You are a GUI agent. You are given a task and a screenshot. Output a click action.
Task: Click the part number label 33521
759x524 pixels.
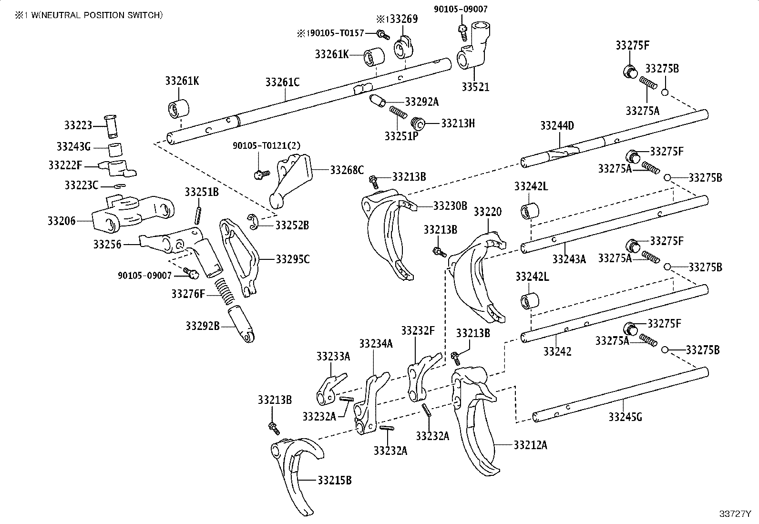(x=475, y=87)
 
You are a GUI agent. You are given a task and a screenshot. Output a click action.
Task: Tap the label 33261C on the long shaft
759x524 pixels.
(x=282, y=82)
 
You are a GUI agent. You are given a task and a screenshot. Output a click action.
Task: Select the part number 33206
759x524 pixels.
(x=62, y=221)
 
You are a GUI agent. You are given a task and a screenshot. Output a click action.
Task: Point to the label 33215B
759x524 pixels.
(x=335, y=480)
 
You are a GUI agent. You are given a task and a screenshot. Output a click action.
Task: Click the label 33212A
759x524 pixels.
(x=531, y=445)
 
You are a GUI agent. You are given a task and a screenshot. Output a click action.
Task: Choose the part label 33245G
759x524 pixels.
(x=625, y=417)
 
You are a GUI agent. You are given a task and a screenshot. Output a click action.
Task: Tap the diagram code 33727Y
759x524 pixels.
(x=735, y=514)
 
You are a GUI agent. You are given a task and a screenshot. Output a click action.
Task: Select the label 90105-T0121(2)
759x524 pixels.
(x=267, y=145)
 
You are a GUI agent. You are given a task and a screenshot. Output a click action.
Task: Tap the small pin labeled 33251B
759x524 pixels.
(x=198, y=216)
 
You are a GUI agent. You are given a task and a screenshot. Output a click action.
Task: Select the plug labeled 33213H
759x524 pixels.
(x=417, y=123)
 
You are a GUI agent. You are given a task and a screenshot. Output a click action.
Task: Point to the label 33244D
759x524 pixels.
(x=557, y=126)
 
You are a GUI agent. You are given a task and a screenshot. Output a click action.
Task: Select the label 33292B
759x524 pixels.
(x=203, y=326)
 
